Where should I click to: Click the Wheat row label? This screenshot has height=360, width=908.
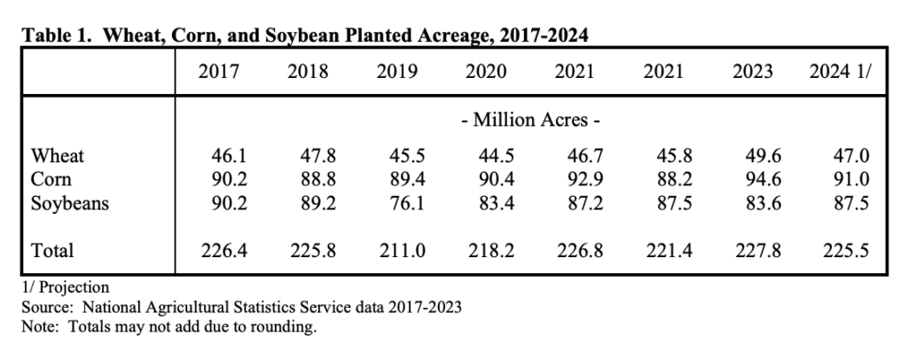(58, 156)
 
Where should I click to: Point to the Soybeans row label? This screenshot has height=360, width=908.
(70, 204)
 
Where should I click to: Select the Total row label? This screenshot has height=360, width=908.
(53, 252)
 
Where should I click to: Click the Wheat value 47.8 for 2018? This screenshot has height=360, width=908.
(308, 156)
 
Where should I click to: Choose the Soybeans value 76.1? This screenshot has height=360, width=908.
(396, 204)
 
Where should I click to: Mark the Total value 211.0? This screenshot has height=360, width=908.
(396, 252)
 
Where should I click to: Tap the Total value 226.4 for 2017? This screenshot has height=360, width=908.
(219, 252)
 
